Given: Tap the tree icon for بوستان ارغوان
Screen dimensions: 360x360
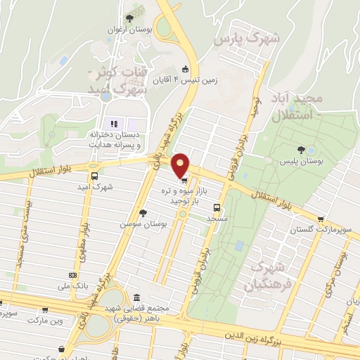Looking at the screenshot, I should click(129, 18).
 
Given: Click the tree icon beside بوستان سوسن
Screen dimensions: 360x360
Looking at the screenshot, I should click(143, 212).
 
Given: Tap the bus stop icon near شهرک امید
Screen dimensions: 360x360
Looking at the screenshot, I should click(94, 176).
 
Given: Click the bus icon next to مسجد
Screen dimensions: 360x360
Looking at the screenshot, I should click(217, 207).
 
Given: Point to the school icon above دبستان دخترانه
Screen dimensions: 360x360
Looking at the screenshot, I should click(113, 124).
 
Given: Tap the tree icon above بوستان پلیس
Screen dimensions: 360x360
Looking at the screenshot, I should click(301, 149).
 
